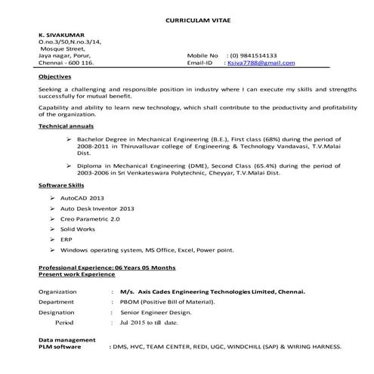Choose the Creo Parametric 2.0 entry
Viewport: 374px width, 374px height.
click(90, 218)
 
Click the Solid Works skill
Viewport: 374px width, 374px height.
click(79, 229)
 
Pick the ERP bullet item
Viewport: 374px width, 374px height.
click(66, 240)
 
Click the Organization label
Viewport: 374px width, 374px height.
click(58, 291)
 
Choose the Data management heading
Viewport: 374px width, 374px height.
click(67, 340)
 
